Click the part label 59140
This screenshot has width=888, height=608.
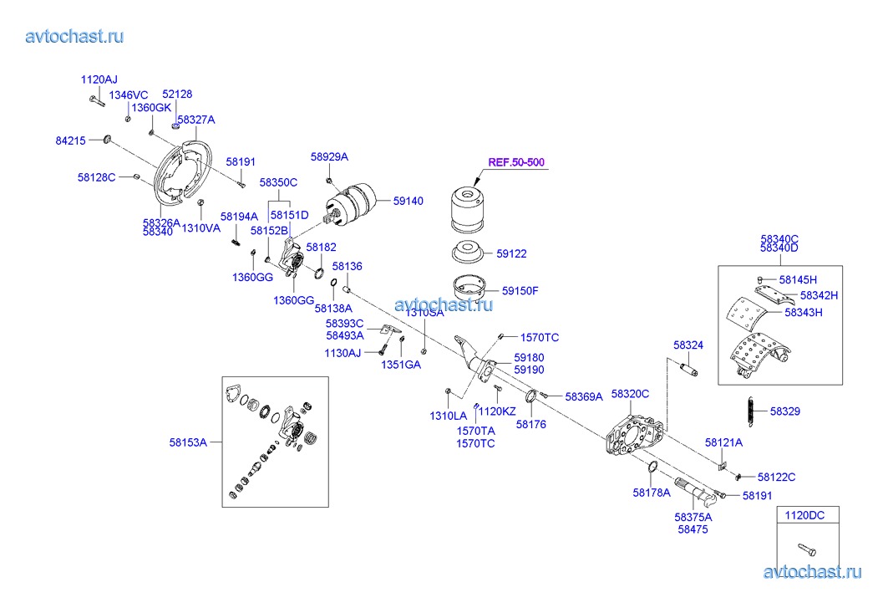tap(408, 202)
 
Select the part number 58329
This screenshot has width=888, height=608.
tap(784, 411)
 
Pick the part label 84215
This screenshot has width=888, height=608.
tap(70, 141)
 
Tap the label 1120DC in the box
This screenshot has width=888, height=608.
tap(805, 515)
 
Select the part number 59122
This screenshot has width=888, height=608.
tap(511, 253)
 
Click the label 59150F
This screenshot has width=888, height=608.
tap(520, 291)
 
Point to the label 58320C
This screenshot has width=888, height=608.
tap(630, 393)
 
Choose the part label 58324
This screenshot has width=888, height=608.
tap(688, 345)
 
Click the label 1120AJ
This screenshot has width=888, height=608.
tap(99, 79)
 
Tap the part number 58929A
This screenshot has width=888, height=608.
tap(329, 156)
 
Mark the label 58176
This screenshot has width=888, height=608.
tap(530, 424)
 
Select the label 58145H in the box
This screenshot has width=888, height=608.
tap(798, 279)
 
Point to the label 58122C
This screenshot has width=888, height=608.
tap(776, 477)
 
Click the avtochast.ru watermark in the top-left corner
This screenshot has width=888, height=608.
tap(74, 36)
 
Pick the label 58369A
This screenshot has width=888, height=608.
tap(583, 397)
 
